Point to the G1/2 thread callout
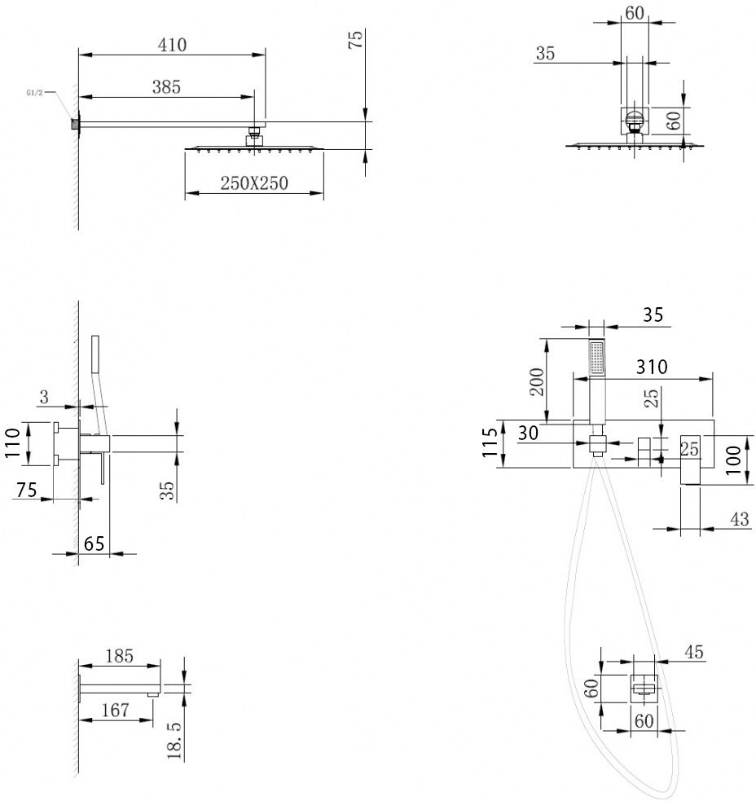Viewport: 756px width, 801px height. coord(35,94)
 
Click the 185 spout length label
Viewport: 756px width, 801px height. coord(119,655)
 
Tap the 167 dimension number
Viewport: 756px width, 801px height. coord(115,710)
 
